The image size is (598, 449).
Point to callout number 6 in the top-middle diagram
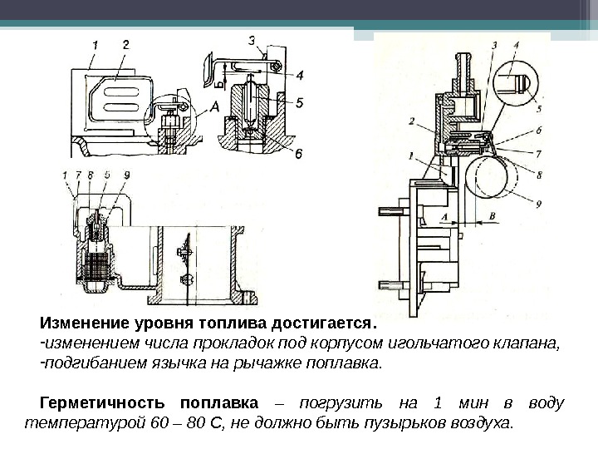[299, 152]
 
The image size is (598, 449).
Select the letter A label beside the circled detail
[214, 106]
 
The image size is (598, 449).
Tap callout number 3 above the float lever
[251, 39]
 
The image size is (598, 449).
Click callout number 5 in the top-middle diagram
[299, 103]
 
